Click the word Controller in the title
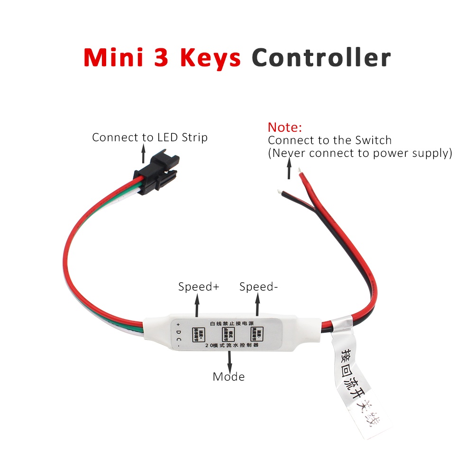tap(321, 58)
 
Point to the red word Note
tap(285, 127)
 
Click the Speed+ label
tap(199, 287)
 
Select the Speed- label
tap(258, 287)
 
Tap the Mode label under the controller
tap(228, 377)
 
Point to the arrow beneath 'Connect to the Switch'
tap(288, 170)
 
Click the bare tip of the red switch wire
tap(299, 170)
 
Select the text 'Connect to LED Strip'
tap(150, 137)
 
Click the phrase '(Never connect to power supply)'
tap(360, 153)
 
